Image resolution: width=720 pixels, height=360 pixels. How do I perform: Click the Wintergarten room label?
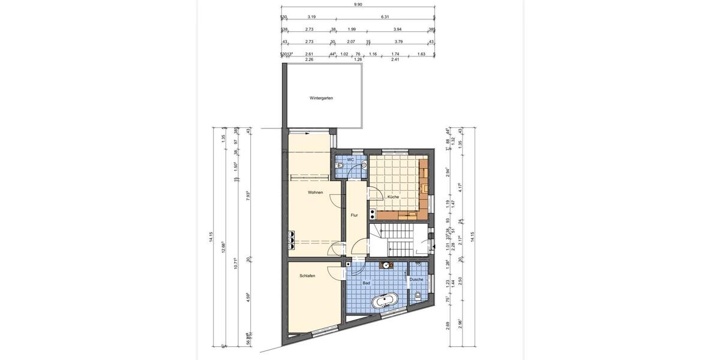(321, 98)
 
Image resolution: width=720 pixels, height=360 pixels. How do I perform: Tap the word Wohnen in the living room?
(316, 193)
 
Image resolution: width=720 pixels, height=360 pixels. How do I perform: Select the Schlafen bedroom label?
(308, 276)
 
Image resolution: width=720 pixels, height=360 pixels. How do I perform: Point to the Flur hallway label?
(354, 215)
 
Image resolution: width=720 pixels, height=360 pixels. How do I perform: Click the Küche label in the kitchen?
(393, 197)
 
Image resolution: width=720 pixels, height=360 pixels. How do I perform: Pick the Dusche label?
(416, 280)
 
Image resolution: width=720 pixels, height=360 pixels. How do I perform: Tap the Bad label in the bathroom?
(366, 282)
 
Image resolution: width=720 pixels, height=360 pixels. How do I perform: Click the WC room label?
(350, 160)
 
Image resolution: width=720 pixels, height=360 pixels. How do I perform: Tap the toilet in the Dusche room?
(418, 295)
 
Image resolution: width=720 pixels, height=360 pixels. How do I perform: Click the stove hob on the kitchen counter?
(373, 212)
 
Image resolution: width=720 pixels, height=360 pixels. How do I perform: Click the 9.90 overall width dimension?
(358, 4)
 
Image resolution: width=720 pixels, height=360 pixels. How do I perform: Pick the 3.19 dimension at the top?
(311, 17)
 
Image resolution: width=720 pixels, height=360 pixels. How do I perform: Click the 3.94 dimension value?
(397, 29)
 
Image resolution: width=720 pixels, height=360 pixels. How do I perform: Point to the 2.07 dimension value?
(351, 41)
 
